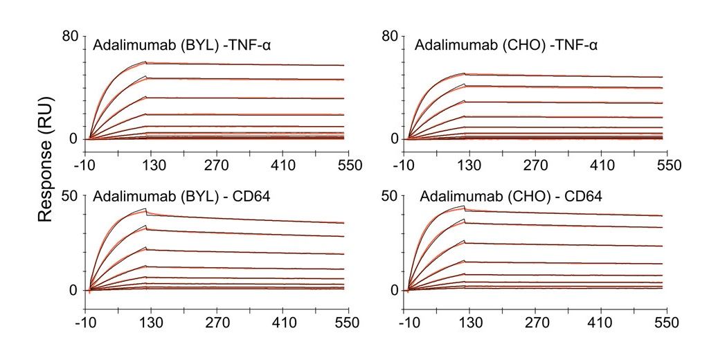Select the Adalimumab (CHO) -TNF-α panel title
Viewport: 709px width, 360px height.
click(x=506, y=46)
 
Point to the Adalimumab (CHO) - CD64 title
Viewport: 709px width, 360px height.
click(x=511, y=197)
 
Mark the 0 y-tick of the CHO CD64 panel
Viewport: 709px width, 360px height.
click(x=395, y=290)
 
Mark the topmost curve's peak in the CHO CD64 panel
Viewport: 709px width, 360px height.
click(x=463, y=206)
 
